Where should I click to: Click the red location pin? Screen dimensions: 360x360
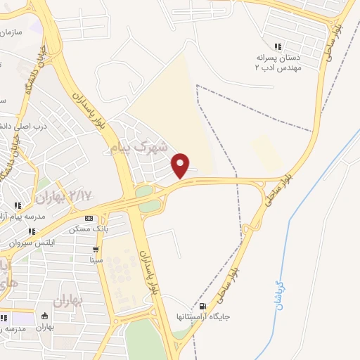[x=181, y=165]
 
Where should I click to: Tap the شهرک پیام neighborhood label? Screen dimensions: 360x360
[x=141, y=148]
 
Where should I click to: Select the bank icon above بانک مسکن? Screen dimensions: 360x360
[x=87, y=219]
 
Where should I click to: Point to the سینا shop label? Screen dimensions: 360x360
[x=96, y=259]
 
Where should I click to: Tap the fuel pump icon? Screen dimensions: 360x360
[x=204, y=306]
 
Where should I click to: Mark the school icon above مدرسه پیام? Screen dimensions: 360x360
[x=18, y=205]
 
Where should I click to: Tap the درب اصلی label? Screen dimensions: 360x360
[x=32, y=127]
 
